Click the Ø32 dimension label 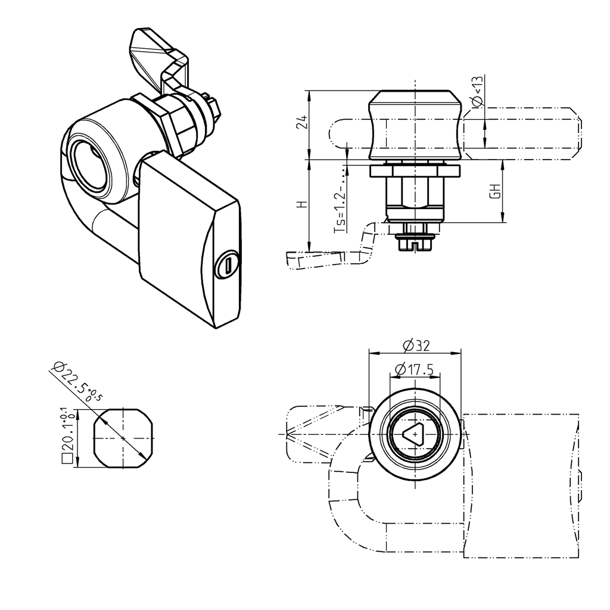(x=416, y=345)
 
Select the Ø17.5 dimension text (x=415, y=369)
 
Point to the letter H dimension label (x=302, y=204)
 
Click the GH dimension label (x=494, y=191)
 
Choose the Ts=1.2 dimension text (x=340, y=206)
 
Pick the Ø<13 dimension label (x=477, y=93)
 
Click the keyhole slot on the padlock (x=228, y=264)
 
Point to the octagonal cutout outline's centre (x=123, y=438)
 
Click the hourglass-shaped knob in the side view (x=415, y=125)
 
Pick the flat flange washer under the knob (x=415, y=172)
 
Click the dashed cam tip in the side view (x=313, y=258)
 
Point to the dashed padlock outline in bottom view (x=521, y=485)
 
